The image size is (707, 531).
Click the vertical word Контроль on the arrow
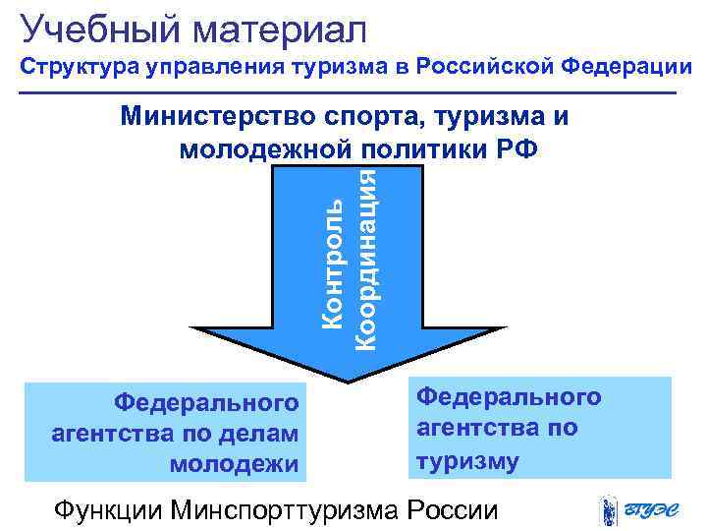coord(334,263)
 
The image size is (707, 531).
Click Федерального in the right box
coord(509,397)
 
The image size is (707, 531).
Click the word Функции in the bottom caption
coord(108,511)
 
